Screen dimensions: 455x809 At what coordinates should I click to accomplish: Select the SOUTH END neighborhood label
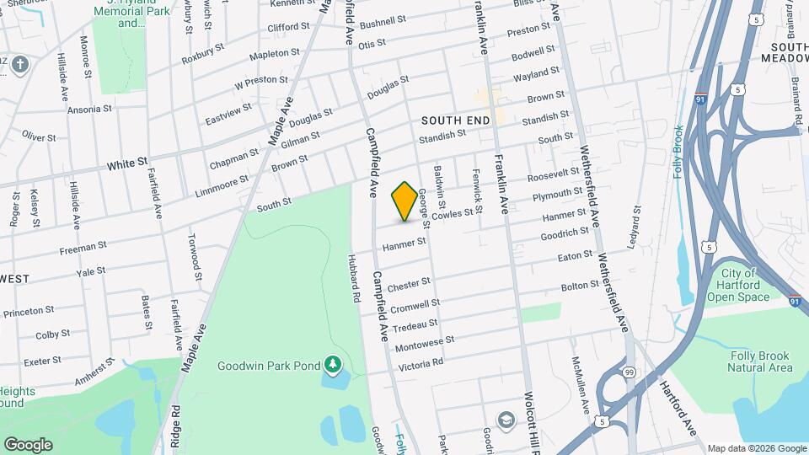coord(455,121)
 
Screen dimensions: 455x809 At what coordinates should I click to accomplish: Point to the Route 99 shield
coord(630,372)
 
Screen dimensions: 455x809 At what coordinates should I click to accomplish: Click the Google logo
coord(28,444)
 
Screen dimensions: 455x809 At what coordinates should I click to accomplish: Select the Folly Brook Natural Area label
coord(760,361)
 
